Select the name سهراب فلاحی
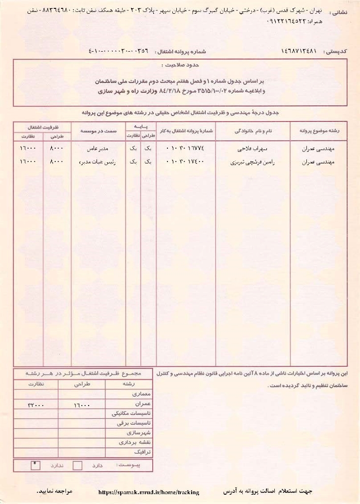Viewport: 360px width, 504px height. point(252,148)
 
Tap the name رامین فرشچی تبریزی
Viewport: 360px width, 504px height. point(252,161)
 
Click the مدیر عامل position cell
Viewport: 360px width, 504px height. point(98,148)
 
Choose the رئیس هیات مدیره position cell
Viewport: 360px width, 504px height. point(98,161)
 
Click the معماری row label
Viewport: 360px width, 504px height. point(131,395)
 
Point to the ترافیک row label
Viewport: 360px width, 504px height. point(131,451)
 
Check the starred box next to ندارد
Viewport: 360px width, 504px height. point(35,465)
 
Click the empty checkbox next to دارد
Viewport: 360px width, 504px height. point(77,466)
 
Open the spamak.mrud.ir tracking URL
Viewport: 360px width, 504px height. point(149,492)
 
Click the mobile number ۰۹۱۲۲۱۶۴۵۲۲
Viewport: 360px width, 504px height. point(289,22)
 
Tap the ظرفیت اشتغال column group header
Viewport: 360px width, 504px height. point(42,126)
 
